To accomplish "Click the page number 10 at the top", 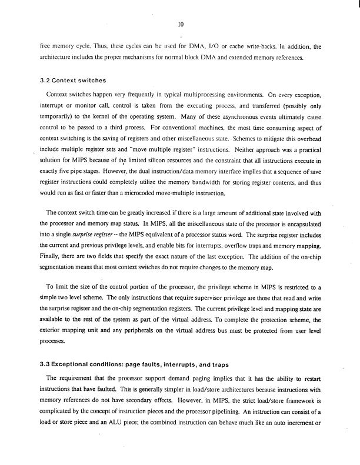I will click(180, 24).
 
